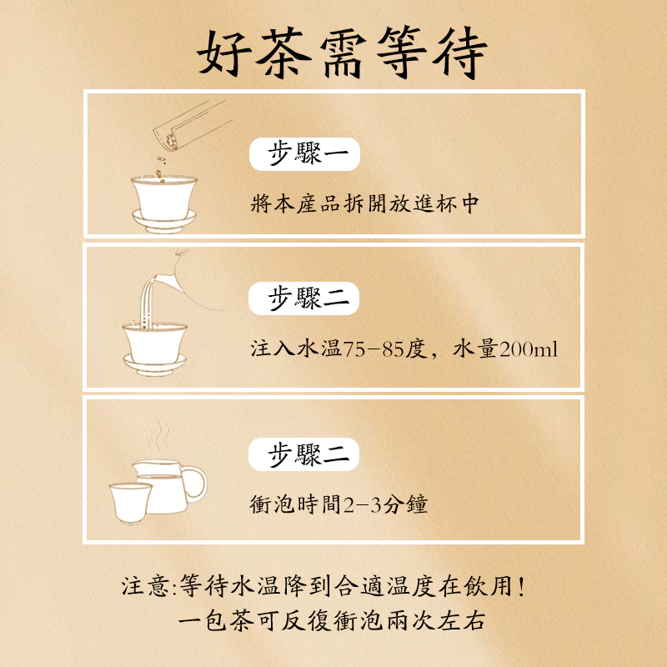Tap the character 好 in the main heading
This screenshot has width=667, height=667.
[224, 53]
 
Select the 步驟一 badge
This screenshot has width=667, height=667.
[304, 154]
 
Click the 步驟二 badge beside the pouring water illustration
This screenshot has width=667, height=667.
[303, 298]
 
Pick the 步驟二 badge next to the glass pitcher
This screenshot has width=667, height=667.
[303, 454]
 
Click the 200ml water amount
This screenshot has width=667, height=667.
[529, 349]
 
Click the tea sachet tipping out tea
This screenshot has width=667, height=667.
[193, 124]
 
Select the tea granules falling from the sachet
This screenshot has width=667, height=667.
[161, 169]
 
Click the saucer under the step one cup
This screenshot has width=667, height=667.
[164, 221]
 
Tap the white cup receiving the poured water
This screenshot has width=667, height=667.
[155, 343]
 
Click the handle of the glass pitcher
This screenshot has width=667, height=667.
[195, 484]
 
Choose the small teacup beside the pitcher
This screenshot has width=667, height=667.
[130, 503]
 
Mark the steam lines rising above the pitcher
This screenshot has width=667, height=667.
[158, 436]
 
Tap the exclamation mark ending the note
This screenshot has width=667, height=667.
[522, 586]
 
